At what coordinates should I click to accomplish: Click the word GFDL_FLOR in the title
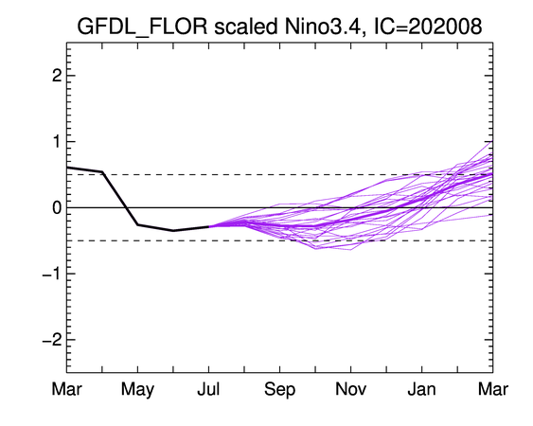pyautogui.click(x=142, y=27)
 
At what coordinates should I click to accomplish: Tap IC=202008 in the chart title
pyautogui.click(x=428, y=26)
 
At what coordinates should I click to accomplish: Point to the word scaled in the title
pyautogui.click(x=246, y=26)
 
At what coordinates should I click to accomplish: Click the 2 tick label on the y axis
pyautogui.click(x=57, y=76)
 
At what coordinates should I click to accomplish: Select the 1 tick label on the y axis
pyautogui.click(x=57, y=141)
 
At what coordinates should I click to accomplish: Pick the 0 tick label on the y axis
pyautogui.click(x=57, y=207)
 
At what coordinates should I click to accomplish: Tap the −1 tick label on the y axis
pyautogui.click(x=52, y=274)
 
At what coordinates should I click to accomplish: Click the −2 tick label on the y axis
pyautogui.click(x=52, y=340)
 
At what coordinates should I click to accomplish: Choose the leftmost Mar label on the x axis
pyautogui.click(x=66, y=389)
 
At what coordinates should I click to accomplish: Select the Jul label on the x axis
pyautogui.click(x=208, y=389)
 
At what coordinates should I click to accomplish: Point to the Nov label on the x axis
pyautogui.click(x=351, y=389)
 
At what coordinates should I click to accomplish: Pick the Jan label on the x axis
pyautogui.click(x=422, y=389)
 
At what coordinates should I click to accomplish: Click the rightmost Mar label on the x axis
pyautogui.click(x=493, y=389)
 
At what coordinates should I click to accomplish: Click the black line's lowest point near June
pyautogui.click(x=173, y=231)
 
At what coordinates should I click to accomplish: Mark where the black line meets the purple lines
pyautogui.click(x=208, y=226)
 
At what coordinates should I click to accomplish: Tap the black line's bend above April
pyautogui.click(x=102, y=172)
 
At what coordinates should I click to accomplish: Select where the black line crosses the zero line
pyautogui.click(x=126, y=207)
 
